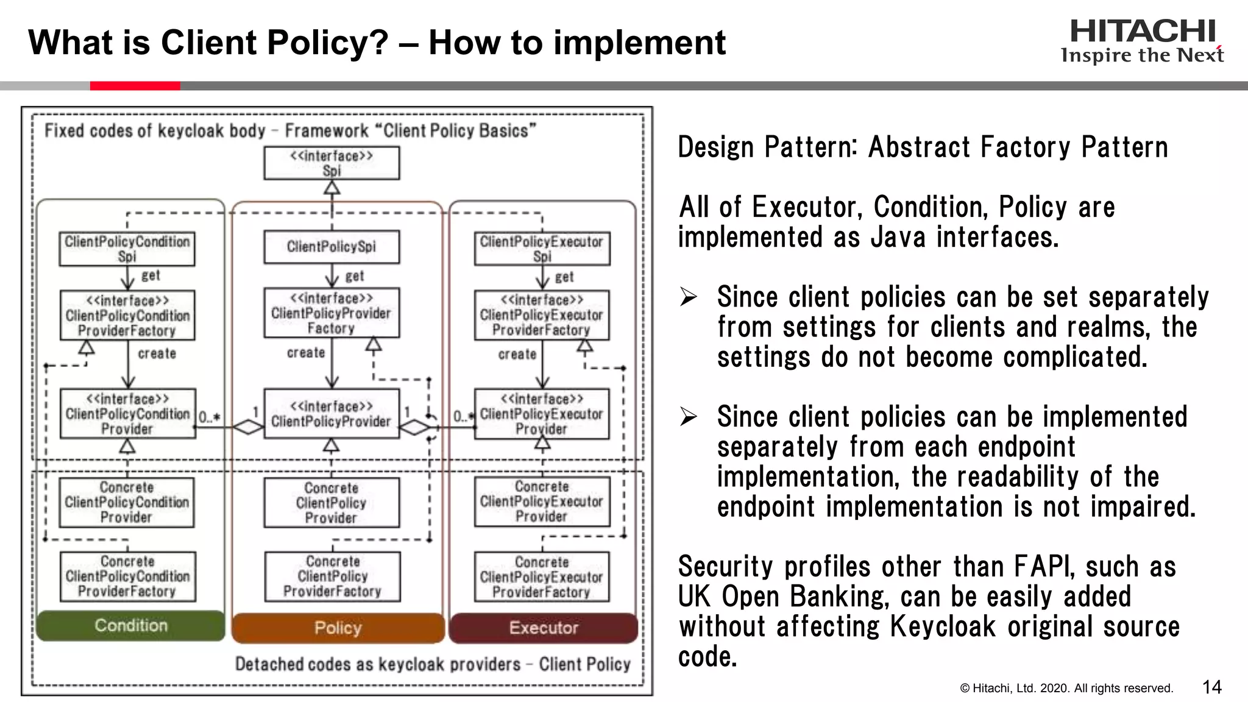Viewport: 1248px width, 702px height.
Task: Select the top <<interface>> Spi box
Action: coord(331,163)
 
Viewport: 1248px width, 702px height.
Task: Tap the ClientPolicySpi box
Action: coord(331,247)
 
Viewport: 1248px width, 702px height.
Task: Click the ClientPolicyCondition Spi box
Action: coord(127,249)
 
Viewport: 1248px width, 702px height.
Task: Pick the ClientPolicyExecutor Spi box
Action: coord(542,249)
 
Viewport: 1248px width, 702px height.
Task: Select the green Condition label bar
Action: coord(130,626)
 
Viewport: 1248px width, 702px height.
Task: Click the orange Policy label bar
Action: coord(338,628)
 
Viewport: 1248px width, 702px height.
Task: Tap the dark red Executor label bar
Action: coord(544,628)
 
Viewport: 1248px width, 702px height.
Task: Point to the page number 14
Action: coord(1211,687)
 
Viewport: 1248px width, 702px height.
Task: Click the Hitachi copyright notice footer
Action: coord(1066,689)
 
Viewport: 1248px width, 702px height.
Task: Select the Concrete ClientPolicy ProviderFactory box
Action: coord(333,576)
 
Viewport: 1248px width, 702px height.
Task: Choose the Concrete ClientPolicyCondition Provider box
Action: coord(127,502)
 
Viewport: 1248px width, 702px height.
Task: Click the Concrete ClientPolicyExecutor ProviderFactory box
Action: coord(542,577)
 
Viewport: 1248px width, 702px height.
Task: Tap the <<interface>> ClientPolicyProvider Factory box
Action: coord(331,313)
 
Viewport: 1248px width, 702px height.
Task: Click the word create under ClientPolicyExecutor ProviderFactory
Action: coord(517,354)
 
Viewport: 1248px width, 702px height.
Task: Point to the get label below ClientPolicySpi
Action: coord(354,276)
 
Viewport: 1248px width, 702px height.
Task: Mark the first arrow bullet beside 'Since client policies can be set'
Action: coord(689,297)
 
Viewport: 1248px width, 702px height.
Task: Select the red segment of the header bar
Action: coord(135,86)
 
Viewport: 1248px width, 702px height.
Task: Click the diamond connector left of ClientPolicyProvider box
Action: coord(248,427)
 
